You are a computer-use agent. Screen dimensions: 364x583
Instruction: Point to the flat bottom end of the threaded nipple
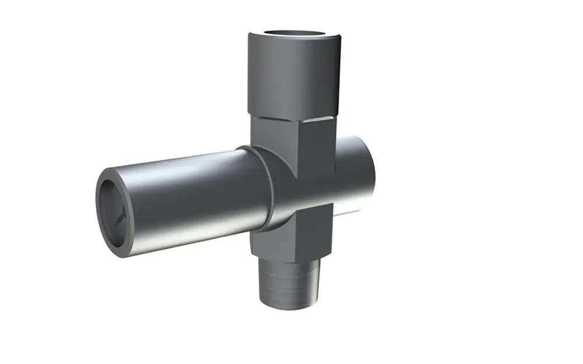tap(290, 304)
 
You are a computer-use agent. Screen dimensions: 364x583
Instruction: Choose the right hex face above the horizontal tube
tap(315, 146)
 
